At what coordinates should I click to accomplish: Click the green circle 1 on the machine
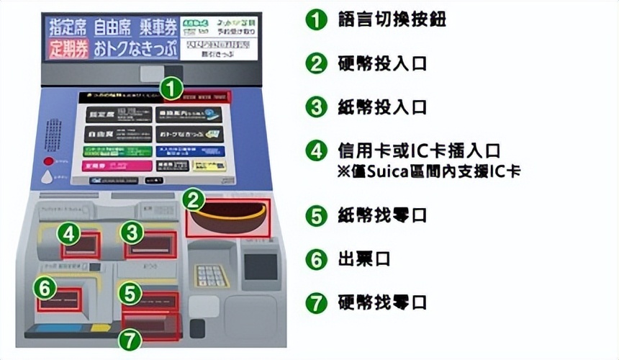170,89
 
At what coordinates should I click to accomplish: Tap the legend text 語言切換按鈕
392,19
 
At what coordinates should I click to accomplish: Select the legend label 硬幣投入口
382,63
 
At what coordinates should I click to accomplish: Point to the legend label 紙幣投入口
382,107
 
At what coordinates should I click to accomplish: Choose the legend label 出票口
363,259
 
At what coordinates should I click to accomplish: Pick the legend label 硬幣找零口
382,302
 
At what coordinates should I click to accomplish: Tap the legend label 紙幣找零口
382,215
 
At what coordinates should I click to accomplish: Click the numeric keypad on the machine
211,276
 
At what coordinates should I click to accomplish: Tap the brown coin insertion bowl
227,217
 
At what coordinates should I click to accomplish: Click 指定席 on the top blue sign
68,27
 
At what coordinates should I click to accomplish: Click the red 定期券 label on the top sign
68,50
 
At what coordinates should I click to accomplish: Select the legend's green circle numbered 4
316,150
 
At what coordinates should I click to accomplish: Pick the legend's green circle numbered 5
316,215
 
